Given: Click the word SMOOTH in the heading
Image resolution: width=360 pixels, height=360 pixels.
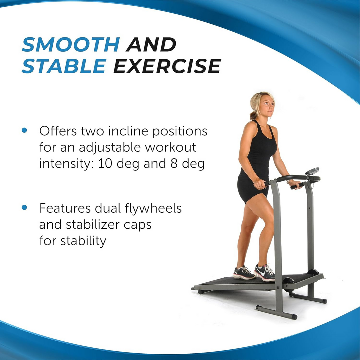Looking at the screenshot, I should pyautogui.click(x=71, y=45).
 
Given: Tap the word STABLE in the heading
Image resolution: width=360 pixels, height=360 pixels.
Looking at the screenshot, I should pyautogui.click(x=64, y=66).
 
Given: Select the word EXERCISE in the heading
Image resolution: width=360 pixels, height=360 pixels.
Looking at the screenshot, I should pyautogui.click(x=167, y=66).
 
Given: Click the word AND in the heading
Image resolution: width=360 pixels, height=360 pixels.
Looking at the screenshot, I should pyautogui.click(x=151, y=45).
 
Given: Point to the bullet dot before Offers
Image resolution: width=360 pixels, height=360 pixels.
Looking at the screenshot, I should pyautogui.click(x=24, y=130).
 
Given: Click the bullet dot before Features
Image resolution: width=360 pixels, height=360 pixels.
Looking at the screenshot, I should pyautogui.click(x=24, y=208).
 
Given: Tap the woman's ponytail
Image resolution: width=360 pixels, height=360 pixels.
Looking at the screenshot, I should pyautogui.click(x=253, y=115).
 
